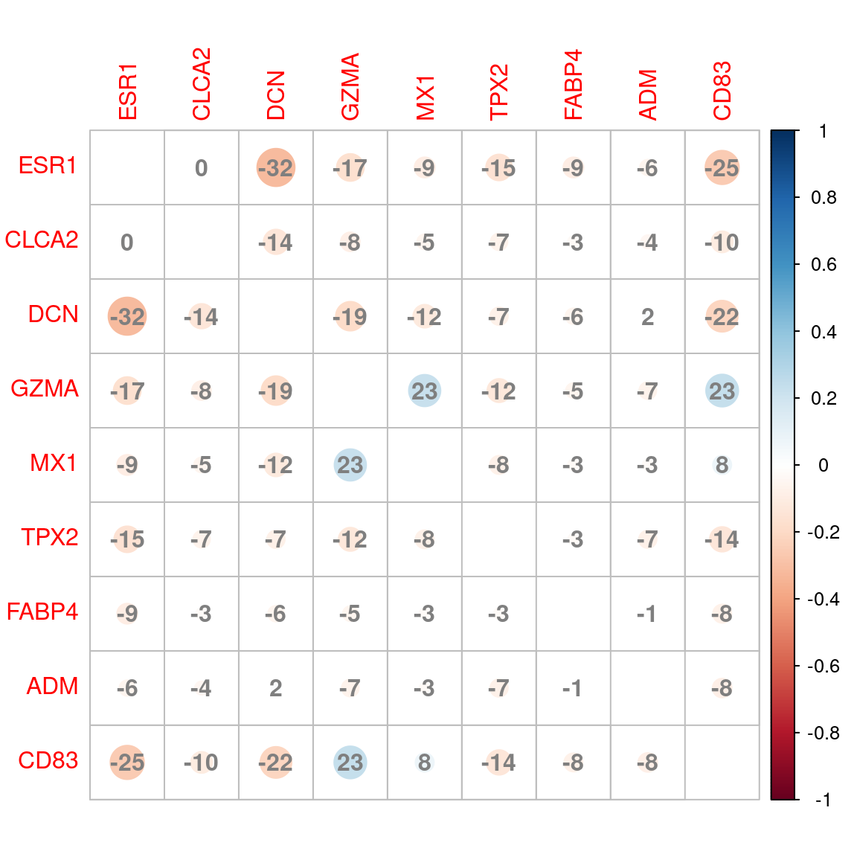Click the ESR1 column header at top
[127, 92]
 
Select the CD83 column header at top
[722, 91]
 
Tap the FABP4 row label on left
[42, 612]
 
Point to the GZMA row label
[45, 389]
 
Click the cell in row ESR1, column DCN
[276, 168]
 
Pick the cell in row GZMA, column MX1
[425, 391]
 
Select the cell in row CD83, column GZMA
[350, 763]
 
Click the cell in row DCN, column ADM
[648, 317]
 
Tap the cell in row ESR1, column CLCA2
[202, 168]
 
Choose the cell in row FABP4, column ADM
[648, 614]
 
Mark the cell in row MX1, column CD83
[722, 465]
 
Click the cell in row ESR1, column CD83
[722, 168]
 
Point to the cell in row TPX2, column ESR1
[127, 539]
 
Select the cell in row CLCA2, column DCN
[276, 243]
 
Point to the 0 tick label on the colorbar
[823, 466]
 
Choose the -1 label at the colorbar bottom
[823, 800]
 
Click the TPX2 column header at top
[499, 92]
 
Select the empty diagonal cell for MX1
[425, 465]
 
